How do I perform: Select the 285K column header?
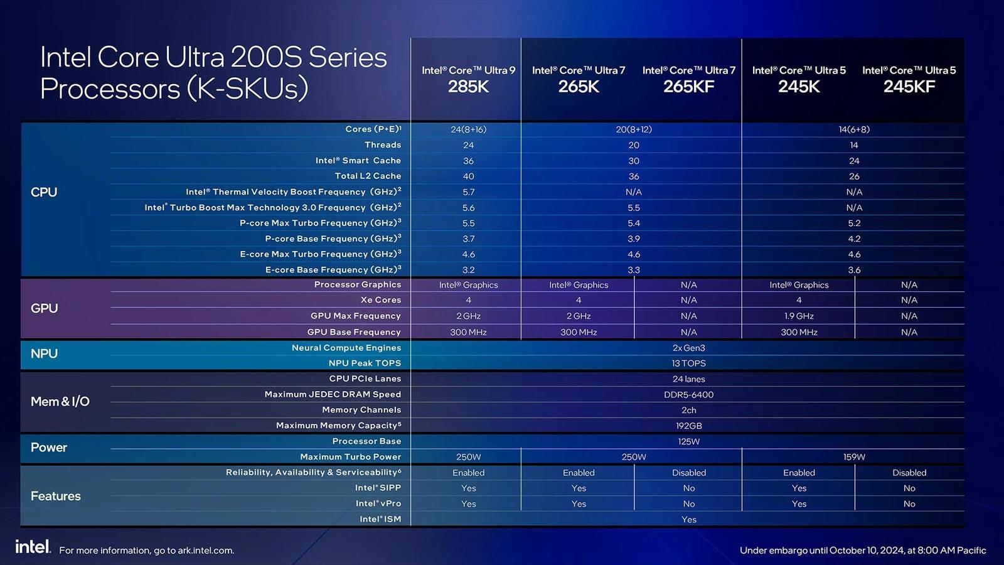468,79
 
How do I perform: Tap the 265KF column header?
688,79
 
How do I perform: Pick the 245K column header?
799,79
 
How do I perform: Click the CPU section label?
44,192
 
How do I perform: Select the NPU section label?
44,353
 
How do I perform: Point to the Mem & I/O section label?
60,402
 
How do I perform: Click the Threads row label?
383,145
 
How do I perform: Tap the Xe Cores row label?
381,300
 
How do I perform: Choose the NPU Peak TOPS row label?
365,363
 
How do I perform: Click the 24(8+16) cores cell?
468,129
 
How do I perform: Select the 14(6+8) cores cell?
854,129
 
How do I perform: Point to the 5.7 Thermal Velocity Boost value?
468,192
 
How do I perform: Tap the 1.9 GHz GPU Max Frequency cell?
799,316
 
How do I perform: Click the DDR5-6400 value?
688,395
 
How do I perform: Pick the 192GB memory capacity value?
688,426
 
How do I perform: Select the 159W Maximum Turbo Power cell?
854,457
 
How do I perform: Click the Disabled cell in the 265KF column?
688,473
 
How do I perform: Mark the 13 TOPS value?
688,363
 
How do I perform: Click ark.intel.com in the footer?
205,551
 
